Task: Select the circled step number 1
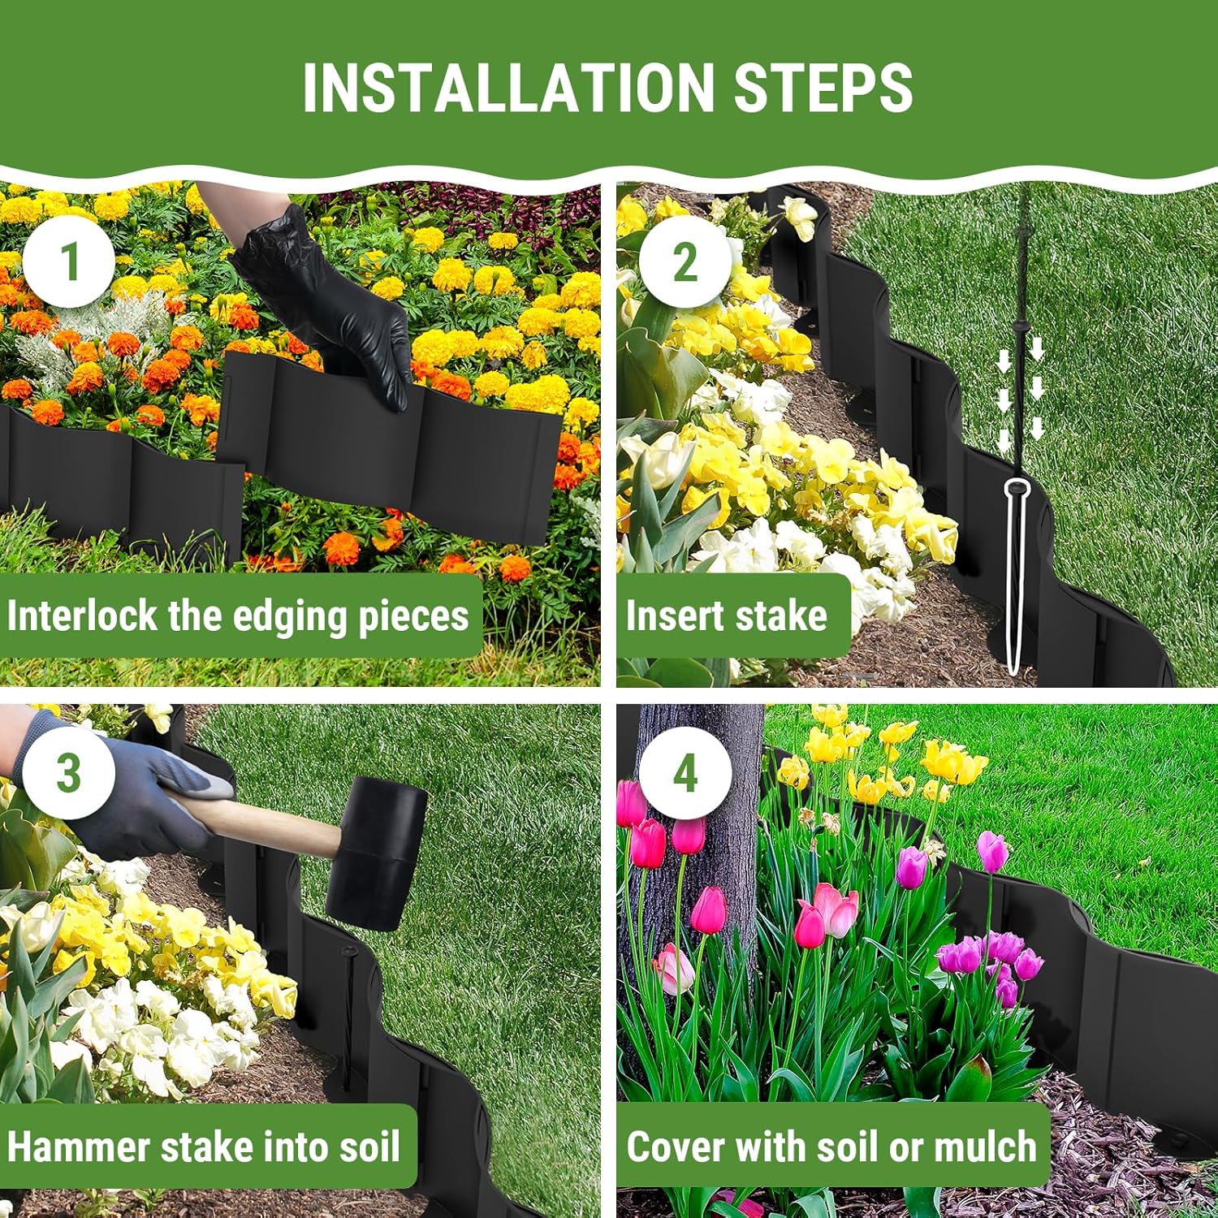click(69, 261)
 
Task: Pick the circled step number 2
click(685, 261)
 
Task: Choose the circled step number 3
click(69, 772)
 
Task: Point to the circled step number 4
click(685, 772)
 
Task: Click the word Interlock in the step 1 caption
click(81, 615)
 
